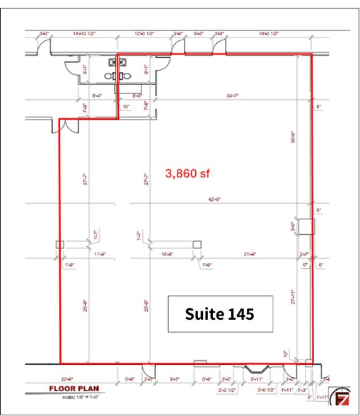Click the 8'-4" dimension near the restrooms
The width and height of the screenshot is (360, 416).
coord(98,94)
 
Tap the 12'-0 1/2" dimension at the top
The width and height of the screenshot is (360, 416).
coord(145,33)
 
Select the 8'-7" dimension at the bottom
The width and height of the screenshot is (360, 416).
coord(177,380)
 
